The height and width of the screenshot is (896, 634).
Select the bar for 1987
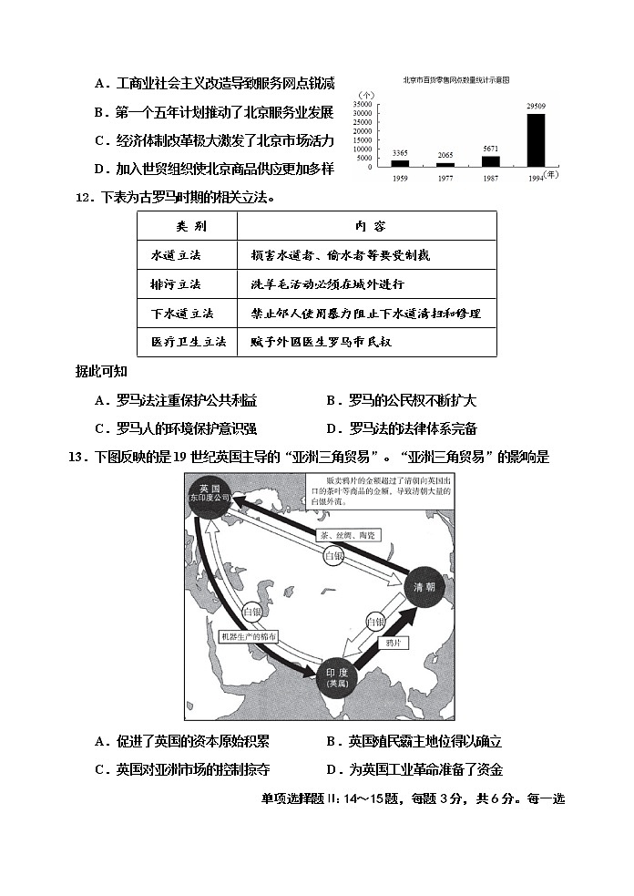pos(491,161)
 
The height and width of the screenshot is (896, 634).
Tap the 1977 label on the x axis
pos(445,179)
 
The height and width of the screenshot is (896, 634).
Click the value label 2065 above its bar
pos(445,156)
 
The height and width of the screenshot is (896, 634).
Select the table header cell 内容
pos(366,226)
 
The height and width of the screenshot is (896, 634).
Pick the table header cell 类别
pos(187,226)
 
